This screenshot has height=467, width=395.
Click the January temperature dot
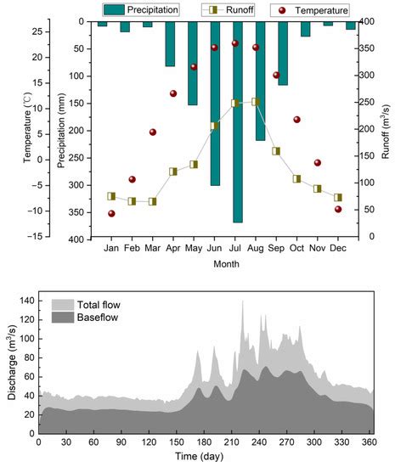tap(111, 213)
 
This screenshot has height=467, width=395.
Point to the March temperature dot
tap(153, 132)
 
